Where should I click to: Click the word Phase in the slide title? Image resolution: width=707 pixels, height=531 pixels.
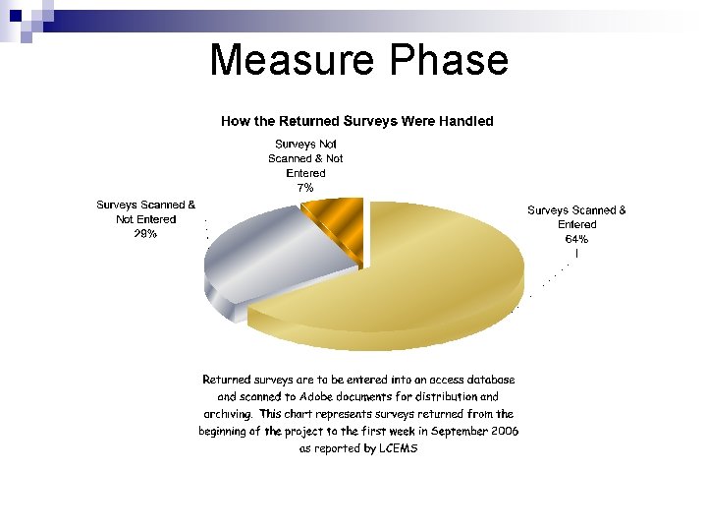[449, 60]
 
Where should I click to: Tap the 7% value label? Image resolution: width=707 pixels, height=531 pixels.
[305, 187]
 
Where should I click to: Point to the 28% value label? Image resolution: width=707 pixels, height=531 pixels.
[145, 234]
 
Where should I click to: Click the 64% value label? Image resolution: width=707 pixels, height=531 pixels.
[576, 239]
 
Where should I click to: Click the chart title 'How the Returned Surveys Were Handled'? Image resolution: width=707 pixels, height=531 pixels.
[356, 121]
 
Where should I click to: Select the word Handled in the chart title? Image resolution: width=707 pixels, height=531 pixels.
[465, 121]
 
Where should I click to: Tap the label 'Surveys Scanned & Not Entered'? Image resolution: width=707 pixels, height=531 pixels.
[145, 211]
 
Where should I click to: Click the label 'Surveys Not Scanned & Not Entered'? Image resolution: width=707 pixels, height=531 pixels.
[305, 158]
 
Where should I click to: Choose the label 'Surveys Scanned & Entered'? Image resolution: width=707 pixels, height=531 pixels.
[576, 216]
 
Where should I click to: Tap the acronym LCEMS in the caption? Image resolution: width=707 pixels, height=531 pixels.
[399, 448]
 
